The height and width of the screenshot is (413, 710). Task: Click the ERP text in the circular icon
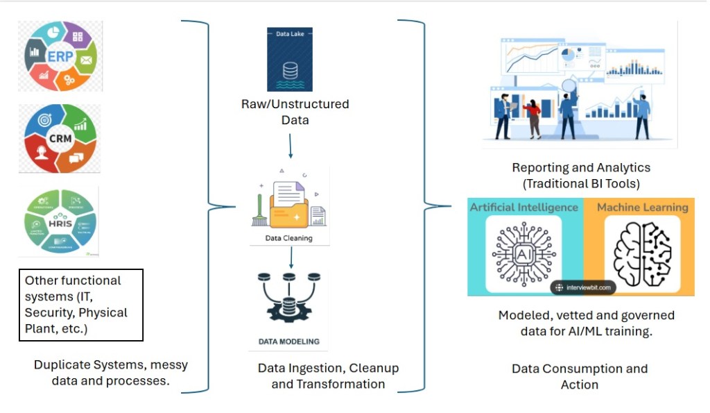[60, 56]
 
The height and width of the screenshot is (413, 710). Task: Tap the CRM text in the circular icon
[60, 137]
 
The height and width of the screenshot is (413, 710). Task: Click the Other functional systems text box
[80, 305]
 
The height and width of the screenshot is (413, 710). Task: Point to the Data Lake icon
[290, 59]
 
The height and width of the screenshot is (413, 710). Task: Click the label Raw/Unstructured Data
[295, 112]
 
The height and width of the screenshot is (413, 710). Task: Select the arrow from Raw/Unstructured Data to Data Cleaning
[291, 147]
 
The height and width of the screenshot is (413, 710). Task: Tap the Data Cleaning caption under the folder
[289, 238]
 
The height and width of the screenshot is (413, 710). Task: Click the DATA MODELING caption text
[289, 342]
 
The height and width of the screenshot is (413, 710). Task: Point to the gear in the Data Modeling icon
[290, 310]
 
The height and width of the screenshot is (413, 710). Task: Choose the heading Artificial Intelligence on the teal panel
[524, 207]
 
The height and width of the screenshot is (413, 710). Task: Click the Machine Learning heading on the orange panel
[642, 207]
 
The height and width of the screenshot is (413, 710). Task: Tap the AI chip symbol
[523, 255]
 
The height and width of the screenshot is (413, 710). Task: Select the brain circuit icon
[642, 253]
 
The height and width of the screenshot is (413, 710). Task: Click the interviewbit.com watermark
[586, 287]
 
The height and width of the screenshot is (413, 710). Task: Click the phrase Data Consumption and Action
[580, 376]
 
